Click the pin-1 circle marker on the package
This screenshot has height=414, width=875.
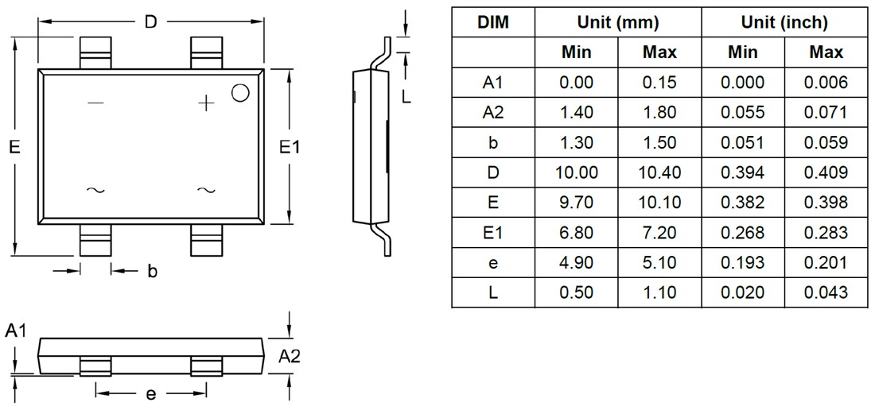tap(239, 92)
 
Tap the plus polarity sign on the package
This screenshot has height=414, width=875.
tap(206, 103)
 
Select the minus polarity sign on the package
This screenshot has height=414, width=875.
tap(95, 103)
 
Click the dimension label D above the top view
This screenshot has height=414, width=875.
tap(150, 22)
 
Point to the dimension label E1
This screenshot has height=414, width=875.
tap(291, 147)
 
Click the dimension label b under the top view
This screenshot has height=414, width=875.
tap(152, 272)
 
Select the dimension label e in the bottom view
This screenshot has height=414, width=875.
tap(150, 393)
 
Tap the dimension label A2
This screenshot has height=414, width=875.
tap(290, 358)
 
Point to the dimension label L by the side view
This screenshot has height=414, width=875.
tap(406, 98)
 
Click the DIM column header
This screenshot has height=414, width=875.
tap(493, 22)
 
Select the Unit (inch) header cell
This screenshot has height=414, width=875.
tap(784, 22)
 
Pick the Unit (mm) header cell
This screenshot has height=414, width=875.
tap(617, 22)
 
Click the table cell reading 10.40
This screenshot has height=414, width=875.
tap(659, 172)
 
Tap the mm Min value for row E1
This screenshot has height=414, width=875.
tap(577, 233)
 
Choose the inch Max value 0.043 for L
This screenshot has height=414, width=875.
tap(826, 292)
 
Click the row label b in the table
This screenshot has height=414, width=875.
tap(493, 142)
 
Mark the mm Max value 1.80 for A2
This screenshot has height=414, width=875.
tap(659, 112)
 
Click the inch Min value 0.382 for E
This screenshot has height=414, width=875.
tap(742, 203)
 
